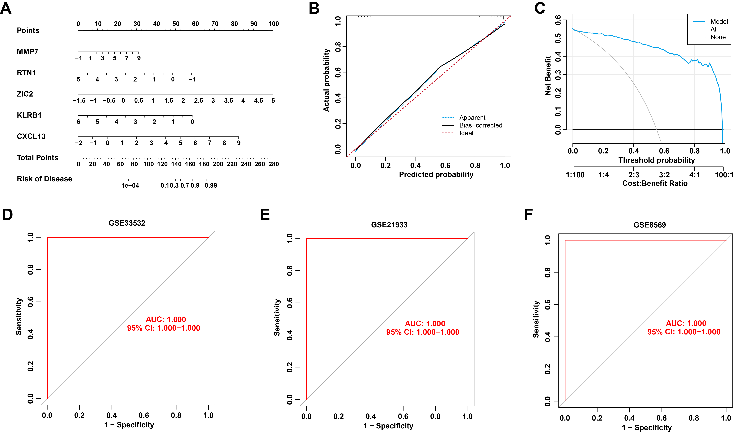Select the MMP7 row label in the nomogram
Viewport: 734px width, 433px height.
(x=27, y=52)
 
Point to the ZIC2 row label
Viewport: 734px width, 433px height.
(x=25, y=94)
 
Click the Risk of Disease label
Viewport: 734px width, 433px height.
(x=44, y=179)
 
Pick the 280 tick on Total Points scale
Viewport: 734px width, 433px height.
(x=274, y=164)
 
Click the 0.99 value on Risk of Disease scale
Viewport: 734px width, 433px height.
(x=211, y=186)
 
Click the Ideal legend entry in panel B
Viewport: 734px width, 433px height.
(x=466, y=133)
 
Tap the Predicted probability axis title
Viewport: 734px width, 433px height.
(x=436, y=175)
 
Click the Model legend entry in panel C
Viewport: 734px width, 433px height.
(x=719, y=22)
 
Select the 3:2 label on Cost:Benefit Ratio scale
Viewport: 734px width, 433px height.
(x=664, y=175)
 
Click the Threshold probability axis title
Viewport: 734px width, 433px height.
(x=656, y=160)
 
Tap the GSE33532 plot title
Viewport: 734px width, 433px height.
(x=127, y=223)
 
